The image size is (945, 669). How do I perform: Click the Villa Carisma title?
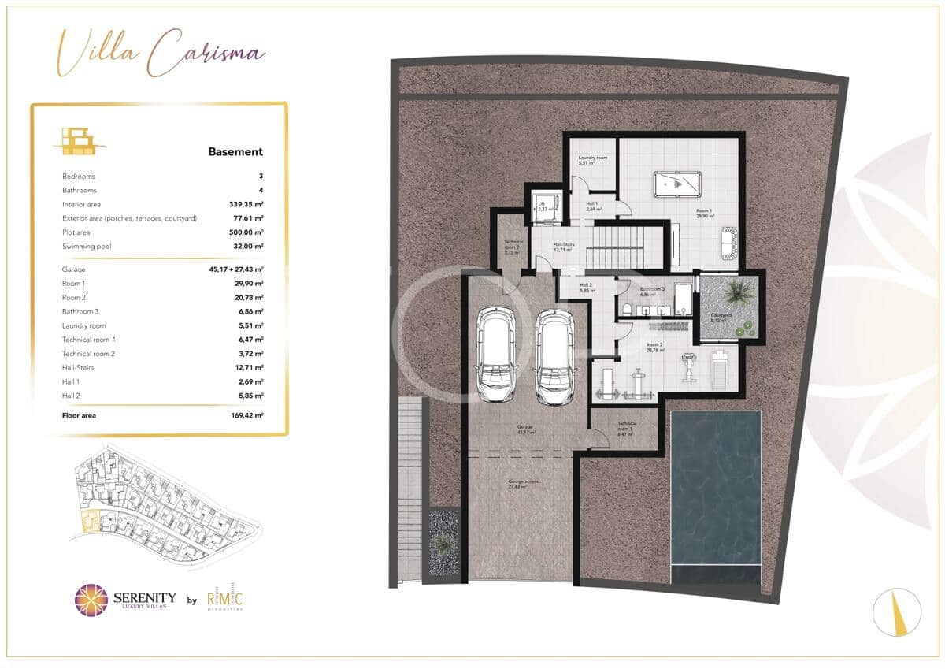click(160, 54)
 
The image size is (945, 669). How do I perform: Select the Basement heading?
click(235, 151)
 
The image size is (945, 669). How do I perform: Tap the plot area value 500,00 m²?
click(245, 232)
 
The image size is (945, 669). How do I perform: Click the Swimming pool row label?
click(87, 247)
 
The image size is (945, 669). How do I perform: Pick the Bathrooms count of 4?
click(260, 190)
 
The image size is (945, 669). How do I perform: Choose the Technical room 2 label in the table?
click(88, 354)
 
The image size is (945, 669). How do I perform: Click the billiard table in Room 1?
click(676, 185)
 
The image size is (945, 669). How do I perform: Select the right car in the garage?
click(554, 354)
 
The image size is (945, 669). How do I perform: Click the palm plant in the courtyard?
click(738, 293)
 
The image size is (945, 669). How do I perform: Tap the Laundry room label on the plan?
click(592, 160)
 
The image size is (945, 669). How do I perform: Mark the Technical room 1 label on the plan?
click(627, 428)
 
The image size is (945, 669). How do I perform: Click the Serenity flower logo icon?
click(90, 600)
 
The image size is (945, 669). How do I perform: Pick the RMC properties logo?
click(224, 600)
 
